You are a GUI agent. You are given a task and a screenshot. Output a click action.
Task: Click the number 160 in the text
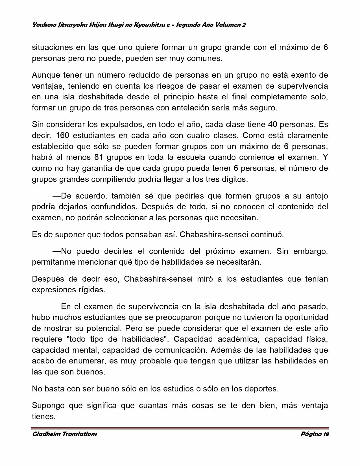click(x=62, y=135)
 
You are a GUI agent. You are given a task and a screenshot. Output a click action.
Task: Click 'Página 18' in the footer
click(x=315, y=434)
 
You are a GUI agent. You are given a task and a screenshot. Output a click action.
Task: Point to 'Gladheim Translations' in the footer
click(x=64, y=434)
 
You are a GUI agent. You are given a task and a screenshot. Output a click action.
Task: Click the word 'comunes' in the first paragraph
click(x=205, y=58)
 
